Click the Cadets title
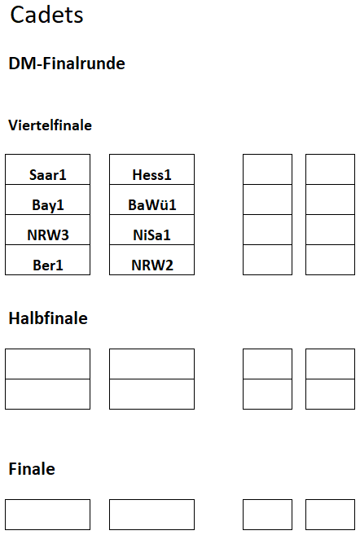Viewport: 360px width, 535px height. point(46,15)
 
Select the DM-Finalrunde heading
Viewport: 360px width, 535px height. point(67,64)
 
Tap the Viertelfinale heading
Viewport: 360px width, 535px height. point(50,125)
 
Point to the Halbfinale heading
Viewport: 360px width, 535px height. point(48,318)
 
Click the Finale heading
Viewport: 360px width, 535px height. point(32,469)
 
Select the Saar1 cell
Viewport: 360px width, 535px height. point(48,169)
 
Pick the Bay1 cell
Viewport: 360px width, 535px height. point(48,200)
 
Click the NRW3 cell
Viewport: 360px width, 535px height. point(48,230)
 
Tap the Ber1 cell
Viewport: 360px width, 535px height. point(48,260)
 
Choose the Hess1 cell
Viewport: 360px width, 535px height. point(151,169)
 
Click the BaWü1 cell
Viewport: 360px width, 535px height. point(151,200)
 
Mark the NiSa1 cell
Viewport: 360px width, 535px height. point(151,230)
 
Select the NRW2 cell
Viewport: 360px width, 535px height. point(151,260)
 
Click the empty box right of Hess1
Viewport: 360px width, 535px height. point(267,169)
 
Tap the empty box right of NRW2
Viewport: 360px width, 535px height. point(267,260)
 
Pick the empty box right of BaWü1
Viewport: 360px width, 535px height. point(267,200)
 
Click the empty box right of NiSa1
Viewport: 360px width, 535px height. point(267,230)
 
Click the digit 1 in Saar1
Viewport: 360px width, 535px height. point(63,175)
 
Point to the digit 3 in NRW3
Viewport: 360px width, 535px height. point(65,235)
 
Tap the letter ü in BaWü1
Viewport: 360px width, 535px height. point(164,204)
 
